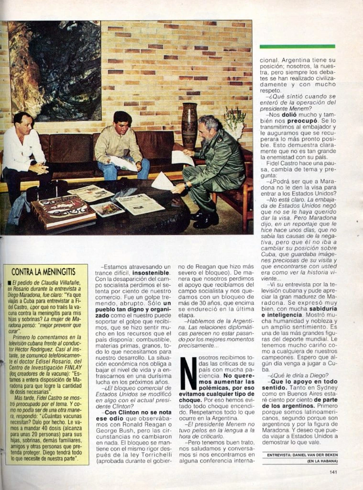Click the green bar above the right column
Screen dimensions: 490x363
tap(297, 46)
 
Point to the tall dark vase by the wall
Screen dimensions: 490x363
tap(189, 125)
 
